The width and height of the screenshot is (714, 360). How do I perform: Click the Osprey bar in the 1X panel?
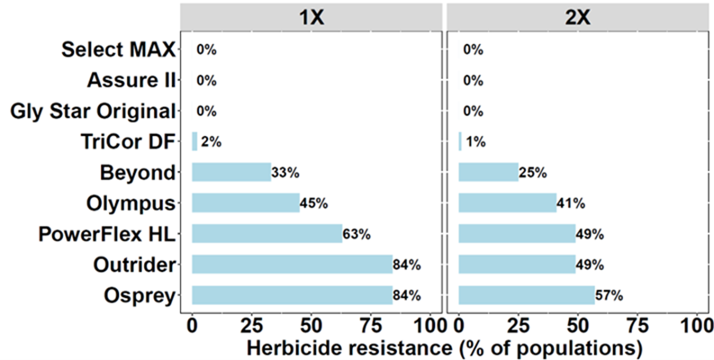(292, 294)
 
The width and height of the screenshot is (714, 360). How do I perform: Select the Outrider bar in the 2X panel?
(517, 264)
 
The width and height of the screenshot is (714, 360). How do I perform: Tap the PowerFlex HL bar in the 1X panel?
(267, 234)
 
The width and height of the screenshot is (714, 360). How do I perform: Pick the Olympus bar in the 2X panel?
(508, 203)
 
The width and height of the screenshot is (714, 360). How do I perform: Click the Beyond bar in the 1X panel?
(231, 172)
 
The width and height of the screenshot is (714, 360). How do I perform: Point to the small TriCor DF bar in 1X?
(194, 141)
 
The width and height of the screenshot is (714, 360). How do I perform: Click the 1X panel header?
(312, 15)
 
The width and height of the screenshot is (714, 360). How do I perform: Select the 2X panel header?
(579, 15)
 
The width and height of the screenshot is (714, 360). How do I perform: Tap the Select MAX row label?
(116, 50)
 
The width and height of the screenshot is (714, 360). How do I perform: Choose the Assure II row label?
(131, 81)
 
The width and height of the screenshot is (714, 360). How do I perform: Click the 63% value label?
(357, 235)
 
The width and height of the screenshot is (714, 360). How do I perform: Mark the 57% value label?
(610, 295)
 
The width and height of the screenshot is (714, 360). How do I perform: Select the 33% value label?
(285, 173)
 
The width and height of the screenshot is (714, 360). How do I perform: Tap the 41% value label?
(572, 203)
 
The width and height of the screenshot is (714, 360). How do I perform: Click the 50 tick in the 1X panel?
(312, 323)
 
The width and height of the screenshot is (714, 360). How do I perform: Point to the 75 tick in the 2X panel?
(637, 323)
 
